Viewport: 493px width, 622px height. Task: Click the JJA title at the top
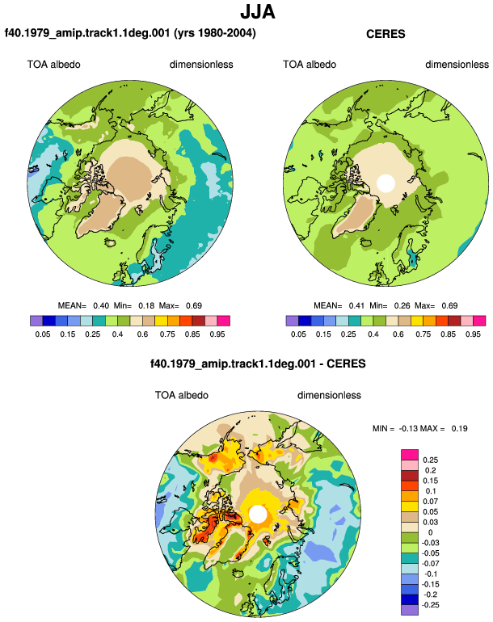point(258,12)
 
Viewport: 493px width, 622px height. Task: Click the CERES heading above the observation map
point(386,34)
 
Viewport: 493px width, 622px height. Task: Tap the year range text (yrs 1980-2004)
point(215,33)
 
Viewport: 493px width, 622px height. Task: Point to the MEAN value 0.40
point(101,306)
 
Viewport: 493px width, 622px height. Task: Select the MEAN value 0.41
point(356,306)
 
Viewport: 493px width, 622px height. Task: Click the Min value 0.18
point(146,306)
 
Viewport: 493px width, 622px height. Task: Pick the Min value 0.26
point(402,306)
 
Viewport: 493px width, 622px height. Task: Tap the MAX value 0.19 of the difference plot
point(459,428)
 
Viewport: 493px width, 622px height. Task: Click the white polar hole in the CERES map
point(386,183)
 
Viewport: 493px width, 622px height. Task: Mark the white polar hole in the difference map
point(258,514)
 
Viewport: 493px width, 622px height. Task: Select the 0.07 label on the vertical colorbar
point(430,502)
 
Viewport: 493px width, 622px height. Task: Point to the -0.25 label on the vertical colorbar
point(429,605)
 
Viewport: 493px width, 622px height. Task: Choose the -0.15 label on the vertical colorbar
point(429,584)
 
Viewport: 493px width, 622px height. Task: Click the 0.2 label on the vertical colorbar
point(431,470)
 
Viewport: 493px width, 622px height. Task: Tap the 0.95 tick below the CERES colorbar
point(473,334)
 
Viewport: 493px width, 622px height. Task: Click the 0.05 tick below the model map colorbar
point(43,334)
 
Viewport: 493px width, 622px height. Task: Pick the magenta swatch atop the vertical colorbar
point(410,455)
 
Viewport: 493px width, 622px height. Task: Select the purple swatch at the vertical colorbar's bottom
point(410,610)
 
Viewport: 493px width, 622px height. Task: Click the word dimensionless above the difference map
point(329,396)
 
